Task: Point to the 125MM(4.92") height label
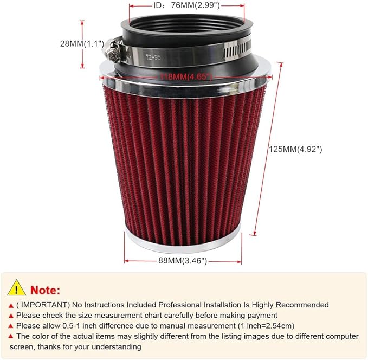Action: tap(296, 149)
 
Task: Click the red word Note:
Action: tap(46, 289)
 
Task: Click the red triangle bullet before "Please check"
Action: tap(11, 316)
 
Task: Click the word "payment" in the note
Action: tap(263, 315)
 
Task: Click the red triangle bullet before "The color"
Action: tap(11, 336)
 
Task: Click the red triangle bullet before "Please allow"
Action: tap(11, 326)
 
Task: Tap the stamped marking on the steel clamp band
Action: tap(154, 55)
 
